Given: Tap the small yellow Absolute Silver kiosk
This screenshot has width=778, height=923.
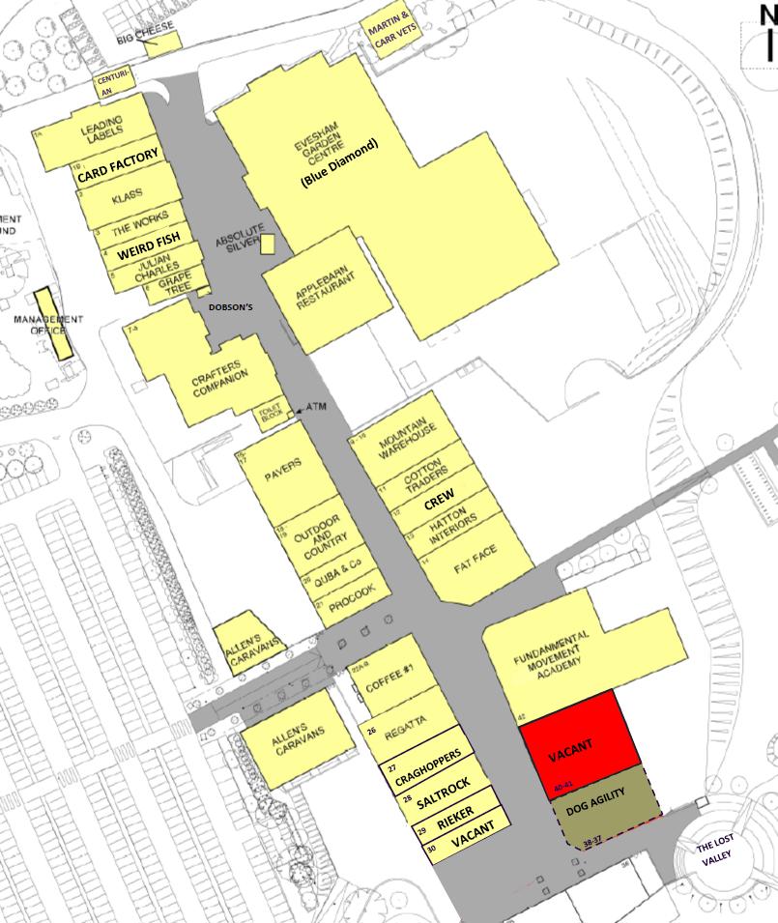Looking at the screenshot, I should (x=268, y=244).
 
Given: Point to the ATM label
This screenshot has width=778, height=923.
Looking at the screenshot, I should (x=316, y=408).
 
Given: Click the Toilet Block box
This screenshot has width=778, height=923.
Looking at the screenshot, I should (x=269, y=416).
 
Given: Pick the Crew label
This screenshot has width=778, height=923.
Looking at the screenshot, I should (x=440, y=502).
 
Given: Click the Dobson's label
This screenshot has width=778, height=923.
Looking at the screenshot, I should (x=231, y=307).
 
